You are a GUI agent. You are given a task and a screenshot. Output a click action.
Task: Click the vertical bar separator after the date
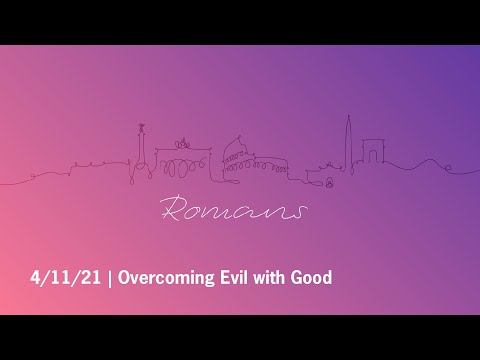[x=111, y=277]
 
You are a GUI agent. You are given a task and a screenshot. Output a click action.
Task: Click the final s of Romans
[x=297, y=212]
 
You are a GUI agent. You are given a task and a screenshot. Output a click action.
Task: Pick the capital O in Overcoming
[x=125, y=277]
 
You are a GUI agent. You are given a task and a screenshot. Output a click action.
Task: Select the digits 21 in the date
[x=94, y=277]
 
